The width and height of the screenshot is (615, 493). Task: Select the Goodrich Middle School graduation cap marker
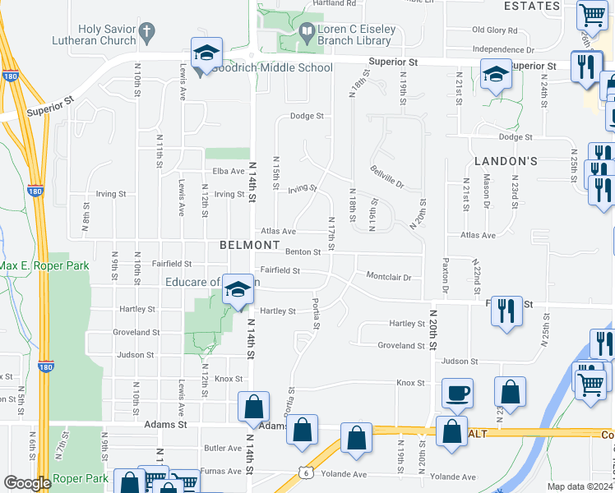[x=205, y=55]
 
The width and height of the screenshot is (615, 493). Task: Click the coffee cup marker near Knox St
[x=456, y=394]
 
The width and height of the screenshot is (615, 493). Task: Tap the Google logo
[x=26, y=483]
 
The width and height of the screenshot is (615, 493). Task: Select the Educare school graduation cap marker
[x=238, y=291]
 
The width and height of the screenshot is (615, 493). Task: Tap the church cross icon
[x=147, y=34]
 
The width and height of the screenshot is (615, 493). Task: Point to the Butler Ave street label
[x=223, y=449]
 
